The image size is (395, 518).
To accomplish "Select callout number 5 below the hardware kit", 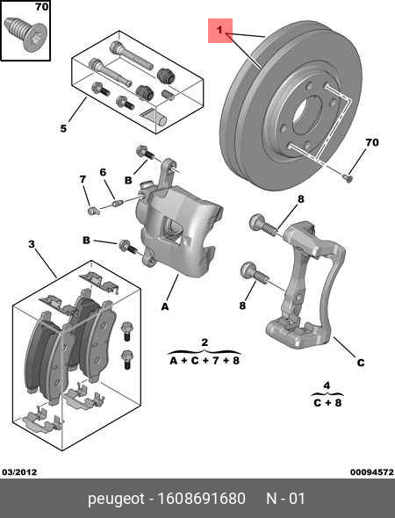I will (63, 129).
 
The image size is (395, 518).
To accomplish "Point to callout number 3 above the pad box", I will (32, 243).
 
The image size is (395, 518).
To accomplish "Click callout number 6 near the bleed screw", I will (102, 172).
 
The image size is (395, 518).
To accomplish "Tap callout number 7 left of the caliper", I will (83, 180).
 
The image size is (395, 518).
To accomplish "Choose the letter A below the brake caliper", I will (163, 306).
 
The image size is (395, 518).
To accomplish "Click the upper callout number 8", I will (300, 199).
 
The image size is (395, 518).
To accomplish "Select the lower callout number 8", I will (242, 305).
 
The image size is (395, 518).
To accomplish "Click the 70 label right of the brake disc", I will (371, 142).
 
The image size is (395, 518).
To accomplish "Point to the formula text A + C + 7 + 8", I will (203, 359).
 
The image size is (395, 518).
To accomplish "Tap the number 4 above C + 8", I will (326, 385).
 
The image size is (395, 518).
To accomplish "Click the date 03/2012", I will (19, 471).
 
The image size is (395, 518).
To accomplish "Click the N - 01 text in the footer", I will (285, 499).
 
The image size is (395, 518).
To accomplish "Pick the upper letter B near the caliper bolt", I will (128, 180).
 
